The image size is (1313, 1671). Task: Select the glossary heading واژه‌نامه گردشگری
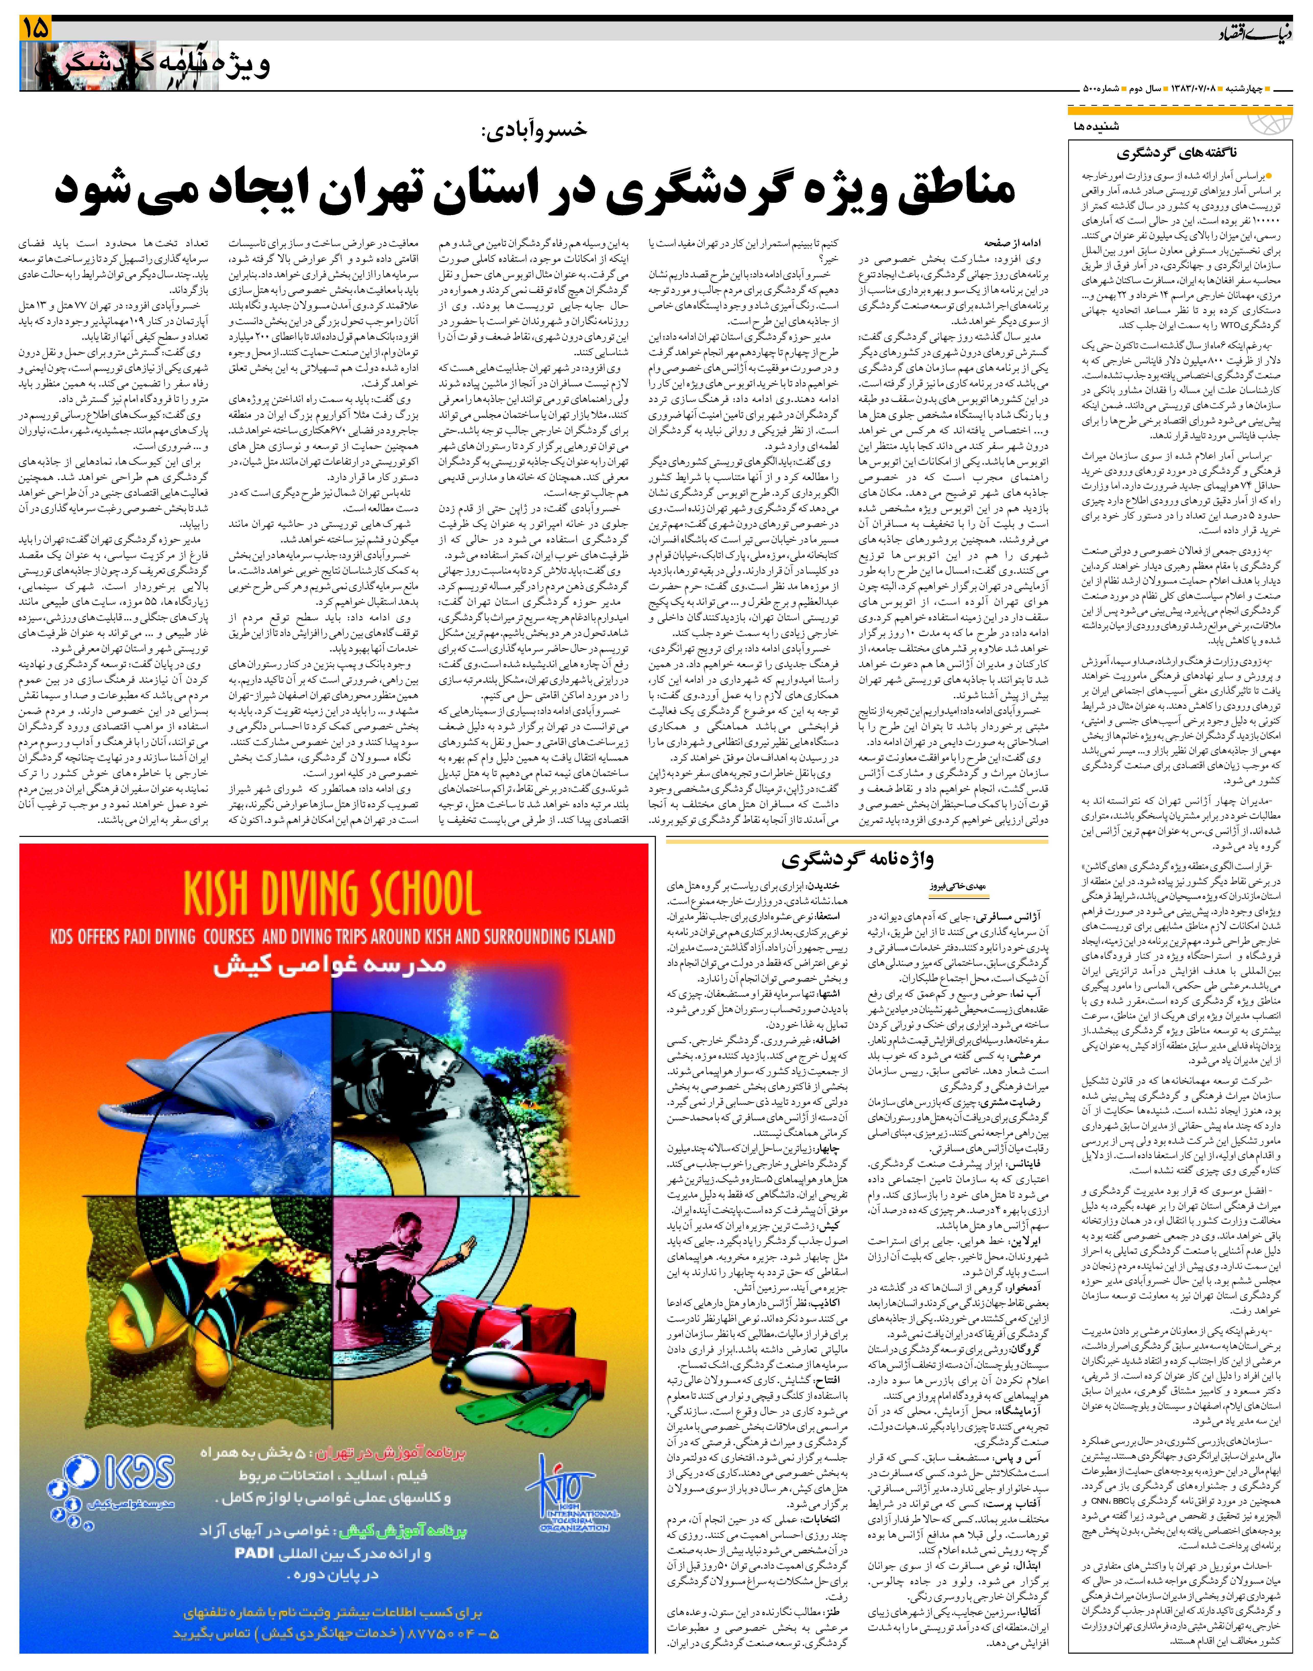(x=857, y=858)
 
